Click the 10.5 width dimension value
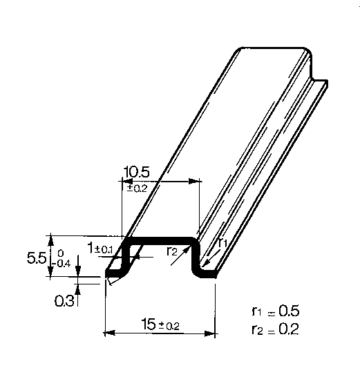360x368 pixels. [136, 172]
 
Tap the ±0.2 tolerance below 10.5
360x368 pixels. [137, 188]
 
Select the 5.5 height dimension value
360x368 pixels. [37, 258]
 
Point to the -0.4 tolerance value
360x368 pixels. [61, 264]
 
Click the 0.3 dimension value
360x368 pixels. [64, 300]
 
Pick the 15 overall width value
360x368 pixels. [149, 324]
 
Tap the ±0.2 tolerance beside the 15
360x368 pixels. [169, 326]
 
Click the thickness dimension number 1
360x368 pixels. [91, 248]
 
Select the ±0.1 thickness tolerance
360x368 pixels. [104, 250]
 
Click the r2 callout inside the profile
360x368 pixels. [171, 251]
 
